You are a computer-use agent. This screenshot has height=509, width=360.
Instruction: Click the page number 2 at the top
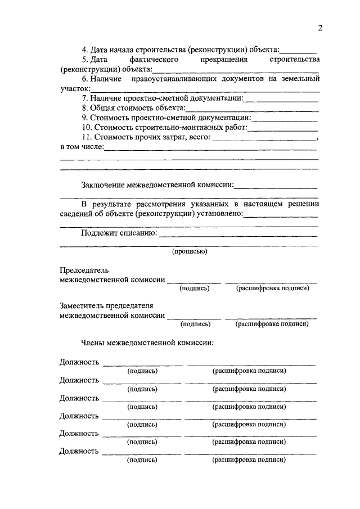319,29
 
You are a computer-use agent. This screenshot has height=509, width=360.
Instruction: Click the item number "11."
87,137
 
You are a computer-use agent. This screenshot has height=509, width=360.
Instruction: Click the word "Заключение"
103,184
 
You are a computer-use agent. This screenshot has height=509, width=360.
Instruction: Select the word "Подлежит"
97,233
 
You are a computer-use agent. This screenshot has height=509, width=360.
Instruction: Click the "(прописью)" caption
190,251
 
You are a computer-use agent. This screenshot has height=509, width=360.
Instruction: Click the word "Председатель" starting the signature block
84,270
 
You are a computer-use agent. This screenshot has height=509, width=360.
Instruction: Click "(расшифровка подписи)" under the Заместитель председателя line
272,324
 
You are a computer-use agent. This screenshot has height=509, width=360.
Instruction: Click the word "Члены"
93,342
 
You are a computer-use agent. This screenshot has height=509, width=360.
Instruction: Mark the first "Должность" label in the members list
79,362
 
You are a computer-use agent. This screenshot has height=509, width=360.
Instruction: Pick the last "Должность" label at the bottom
79,451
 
